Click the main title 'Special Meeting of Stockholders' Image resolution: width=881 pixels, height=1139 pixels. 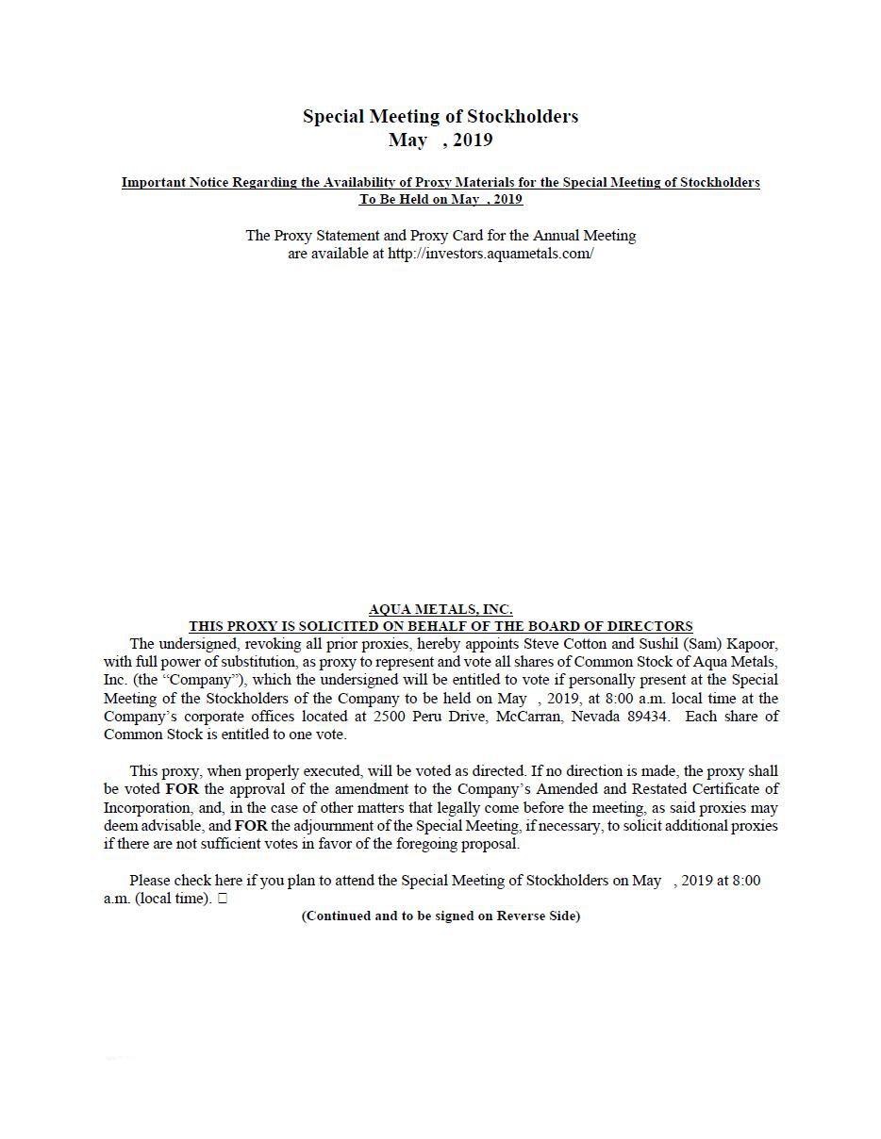(x=440, y=116)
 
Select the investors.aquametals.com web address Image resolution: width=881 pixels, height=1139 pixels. (x=490, y=254)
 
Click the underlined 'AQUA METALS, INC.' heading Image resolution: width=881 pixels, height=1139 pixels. (x=440, y=609)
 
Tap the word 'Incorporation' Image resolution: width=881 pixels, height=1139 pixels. (x=146, y=808)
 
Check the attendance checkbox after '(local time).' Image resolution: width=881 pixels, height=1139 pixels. (x=223, y=899)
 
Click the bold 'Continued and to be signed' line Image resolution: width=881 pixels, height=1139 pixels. (x=440, y=916)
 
